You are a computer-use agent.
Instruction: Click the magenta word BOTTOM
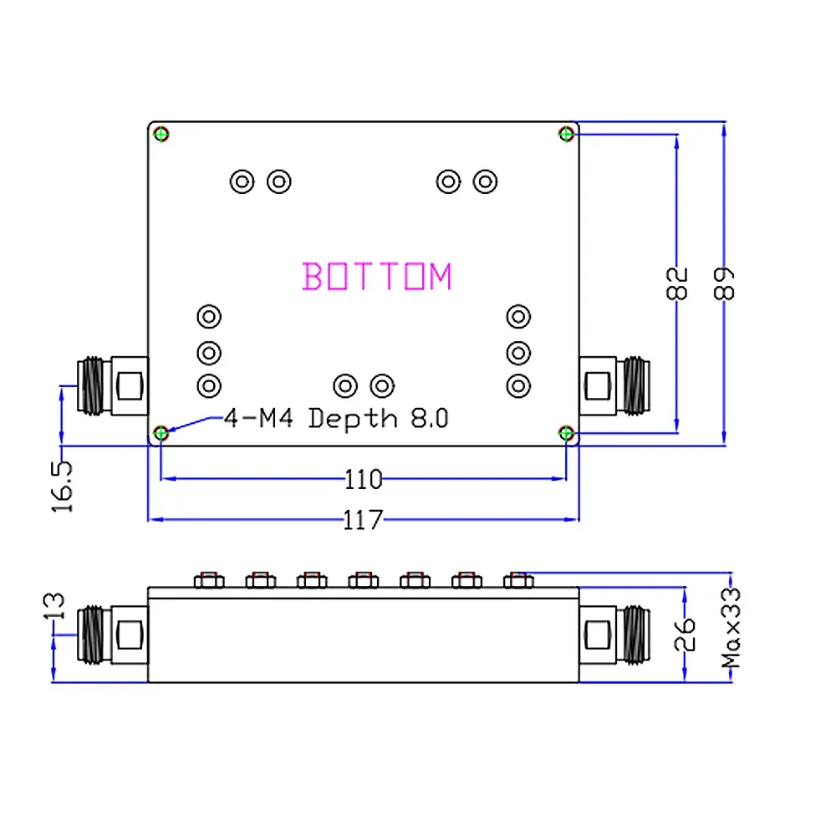(376, 277)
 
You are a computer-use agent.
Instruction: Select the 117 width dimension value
(363, 520)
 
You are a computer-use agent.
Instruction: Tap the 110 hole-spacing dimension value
(363, 479)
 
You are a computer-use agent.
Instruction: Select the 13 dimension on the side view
(55, 605)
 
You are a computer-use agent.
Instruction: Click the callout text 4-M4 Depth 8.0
(336, 418)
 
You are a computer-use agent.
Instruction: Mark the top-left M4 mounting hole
(161, 134)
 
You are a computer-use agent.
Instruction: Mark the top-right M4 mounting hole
(567, 133)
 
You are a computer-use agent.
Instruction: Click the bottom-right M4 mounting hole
(567, 432)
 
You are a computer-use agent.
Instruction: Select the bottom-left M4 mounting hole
(161, 432)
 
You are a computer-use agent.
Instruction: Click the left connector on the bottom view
(112, 386)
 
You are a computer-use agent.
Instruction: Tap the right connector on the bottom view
(617, 385)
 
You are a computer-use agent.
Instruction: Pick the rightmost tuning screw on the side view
(517, 579)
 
